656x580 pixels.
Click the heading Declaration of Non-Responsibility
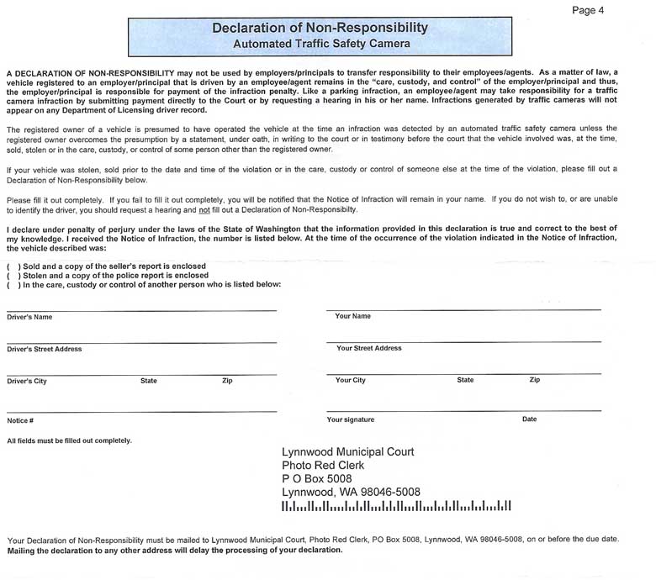[320, 28]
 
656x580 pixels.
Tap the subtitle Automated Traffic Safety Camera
[321, 43]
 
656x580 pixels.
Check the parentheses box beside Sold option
[13, 266]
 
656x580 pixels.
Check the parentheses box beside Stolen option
[13, 276]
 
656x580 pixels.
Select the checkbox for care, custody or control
[13, 285]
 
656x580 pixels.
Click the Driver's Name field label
[29, 318]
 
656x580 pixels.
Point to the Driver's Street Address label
[44, 349]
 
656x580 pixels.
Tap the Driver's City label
[27, 382]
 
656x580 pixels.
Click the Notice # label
[20, 420]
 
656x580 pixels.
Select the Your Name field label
[352, 317]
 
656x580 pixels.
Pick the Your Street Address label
[368, 348]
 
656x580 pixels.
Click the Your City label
[350, 381]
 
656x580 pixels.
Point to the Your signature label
[350, 419]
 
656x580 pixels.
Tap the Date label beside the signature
[529, 419]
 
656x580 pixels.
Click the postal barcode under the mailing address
[396, 507]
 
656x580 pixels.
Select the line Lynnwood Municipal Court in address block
[347, 452]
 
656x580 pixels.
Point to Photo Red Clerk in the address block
[323, 466]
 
